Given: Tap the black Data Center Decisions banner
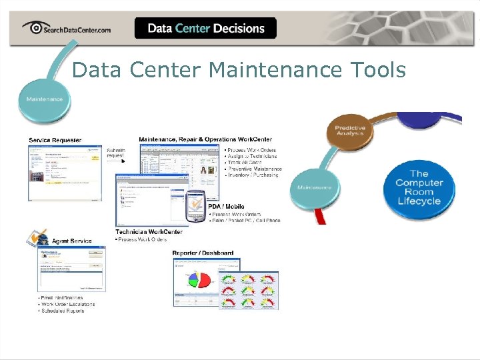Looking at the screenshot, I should (x=205, y=28).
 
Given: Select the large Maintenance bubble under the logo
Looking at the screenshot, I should (x=45, y=99).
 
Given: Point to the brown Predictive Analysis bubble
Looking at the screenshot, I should (x=350, y=130).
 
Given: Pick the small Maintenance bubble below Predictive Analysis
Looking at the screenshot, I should (x=315, y=187).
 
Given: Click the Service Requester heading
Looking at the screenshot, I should (x=55, y=140).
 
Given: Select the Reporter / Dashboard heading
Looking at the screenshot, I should (x=203, y=253).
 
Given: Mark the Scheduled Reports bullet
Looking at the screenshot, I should (x=63, y=311).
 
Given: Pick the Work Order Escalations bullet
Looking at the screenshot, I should (x=67, y=304).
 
